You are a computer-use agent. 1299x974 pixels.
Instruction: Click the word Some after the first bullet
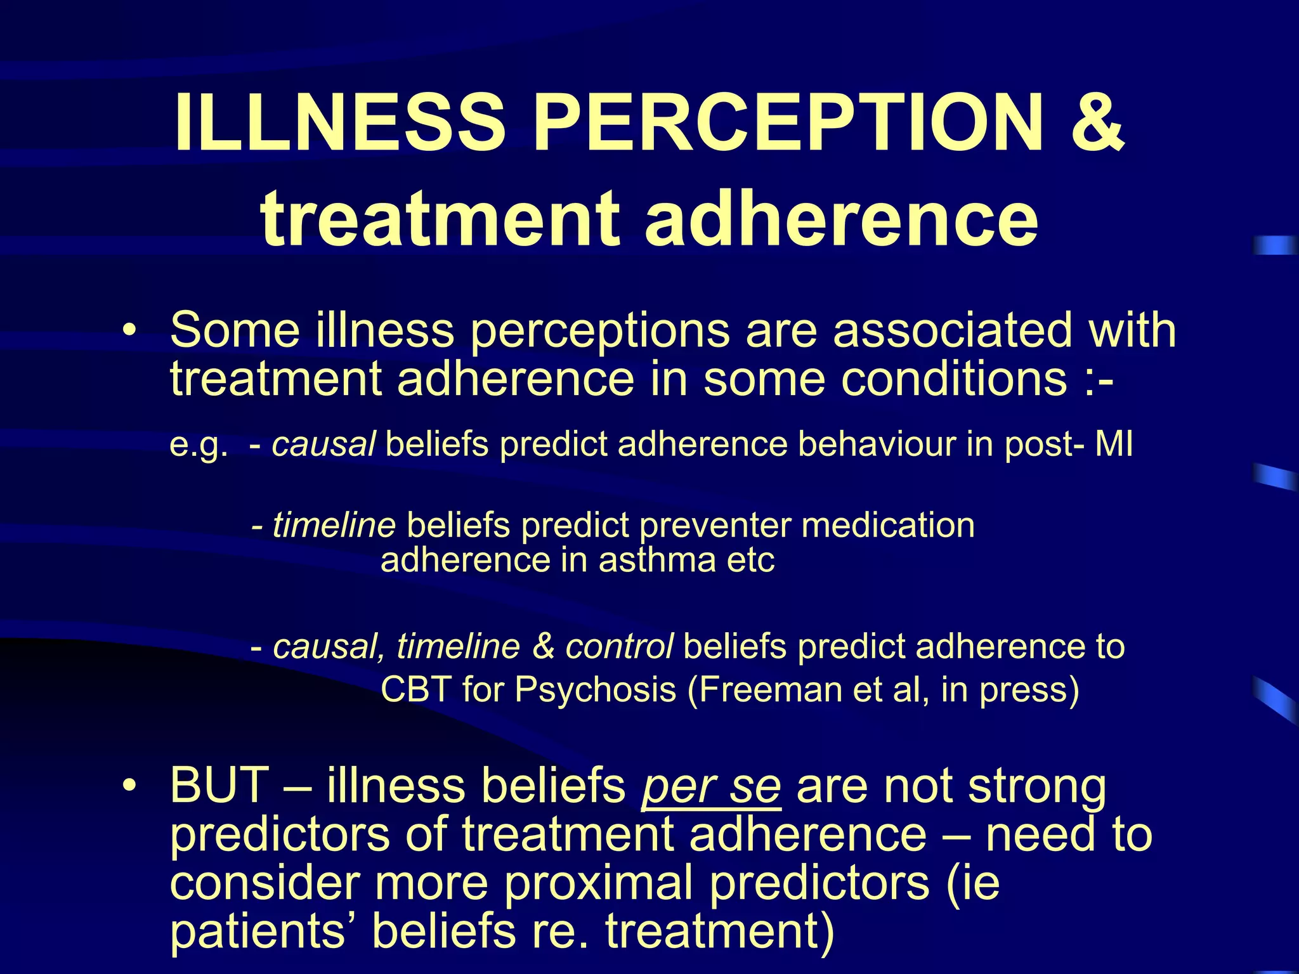pyautogui.click(x=235, y=330)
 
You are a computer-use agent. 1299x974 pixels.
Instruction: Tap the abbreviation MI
pyautogui.click(x=1114, y=444)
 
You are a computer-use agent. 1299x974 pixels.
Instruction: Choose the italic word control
pyautogui.click(x=619, y=647)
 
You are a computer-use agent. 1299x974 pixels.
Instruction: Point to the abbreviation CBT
pyautogui.click(x=416, y=689)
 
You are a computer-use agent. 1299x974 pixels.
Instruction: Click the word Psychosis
pyautogui.click(x=595, y=689)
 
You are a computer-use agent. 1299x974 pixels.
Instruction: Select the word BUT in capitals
pyautogui.click(x=219, y=786)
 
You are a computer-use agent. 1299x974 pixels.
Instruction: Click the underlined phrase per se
pyautogui.click(x=711, y=787)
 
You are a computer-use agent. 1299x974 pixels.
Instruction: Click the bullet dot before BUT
pyautogui.click(x=129, y=787)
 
